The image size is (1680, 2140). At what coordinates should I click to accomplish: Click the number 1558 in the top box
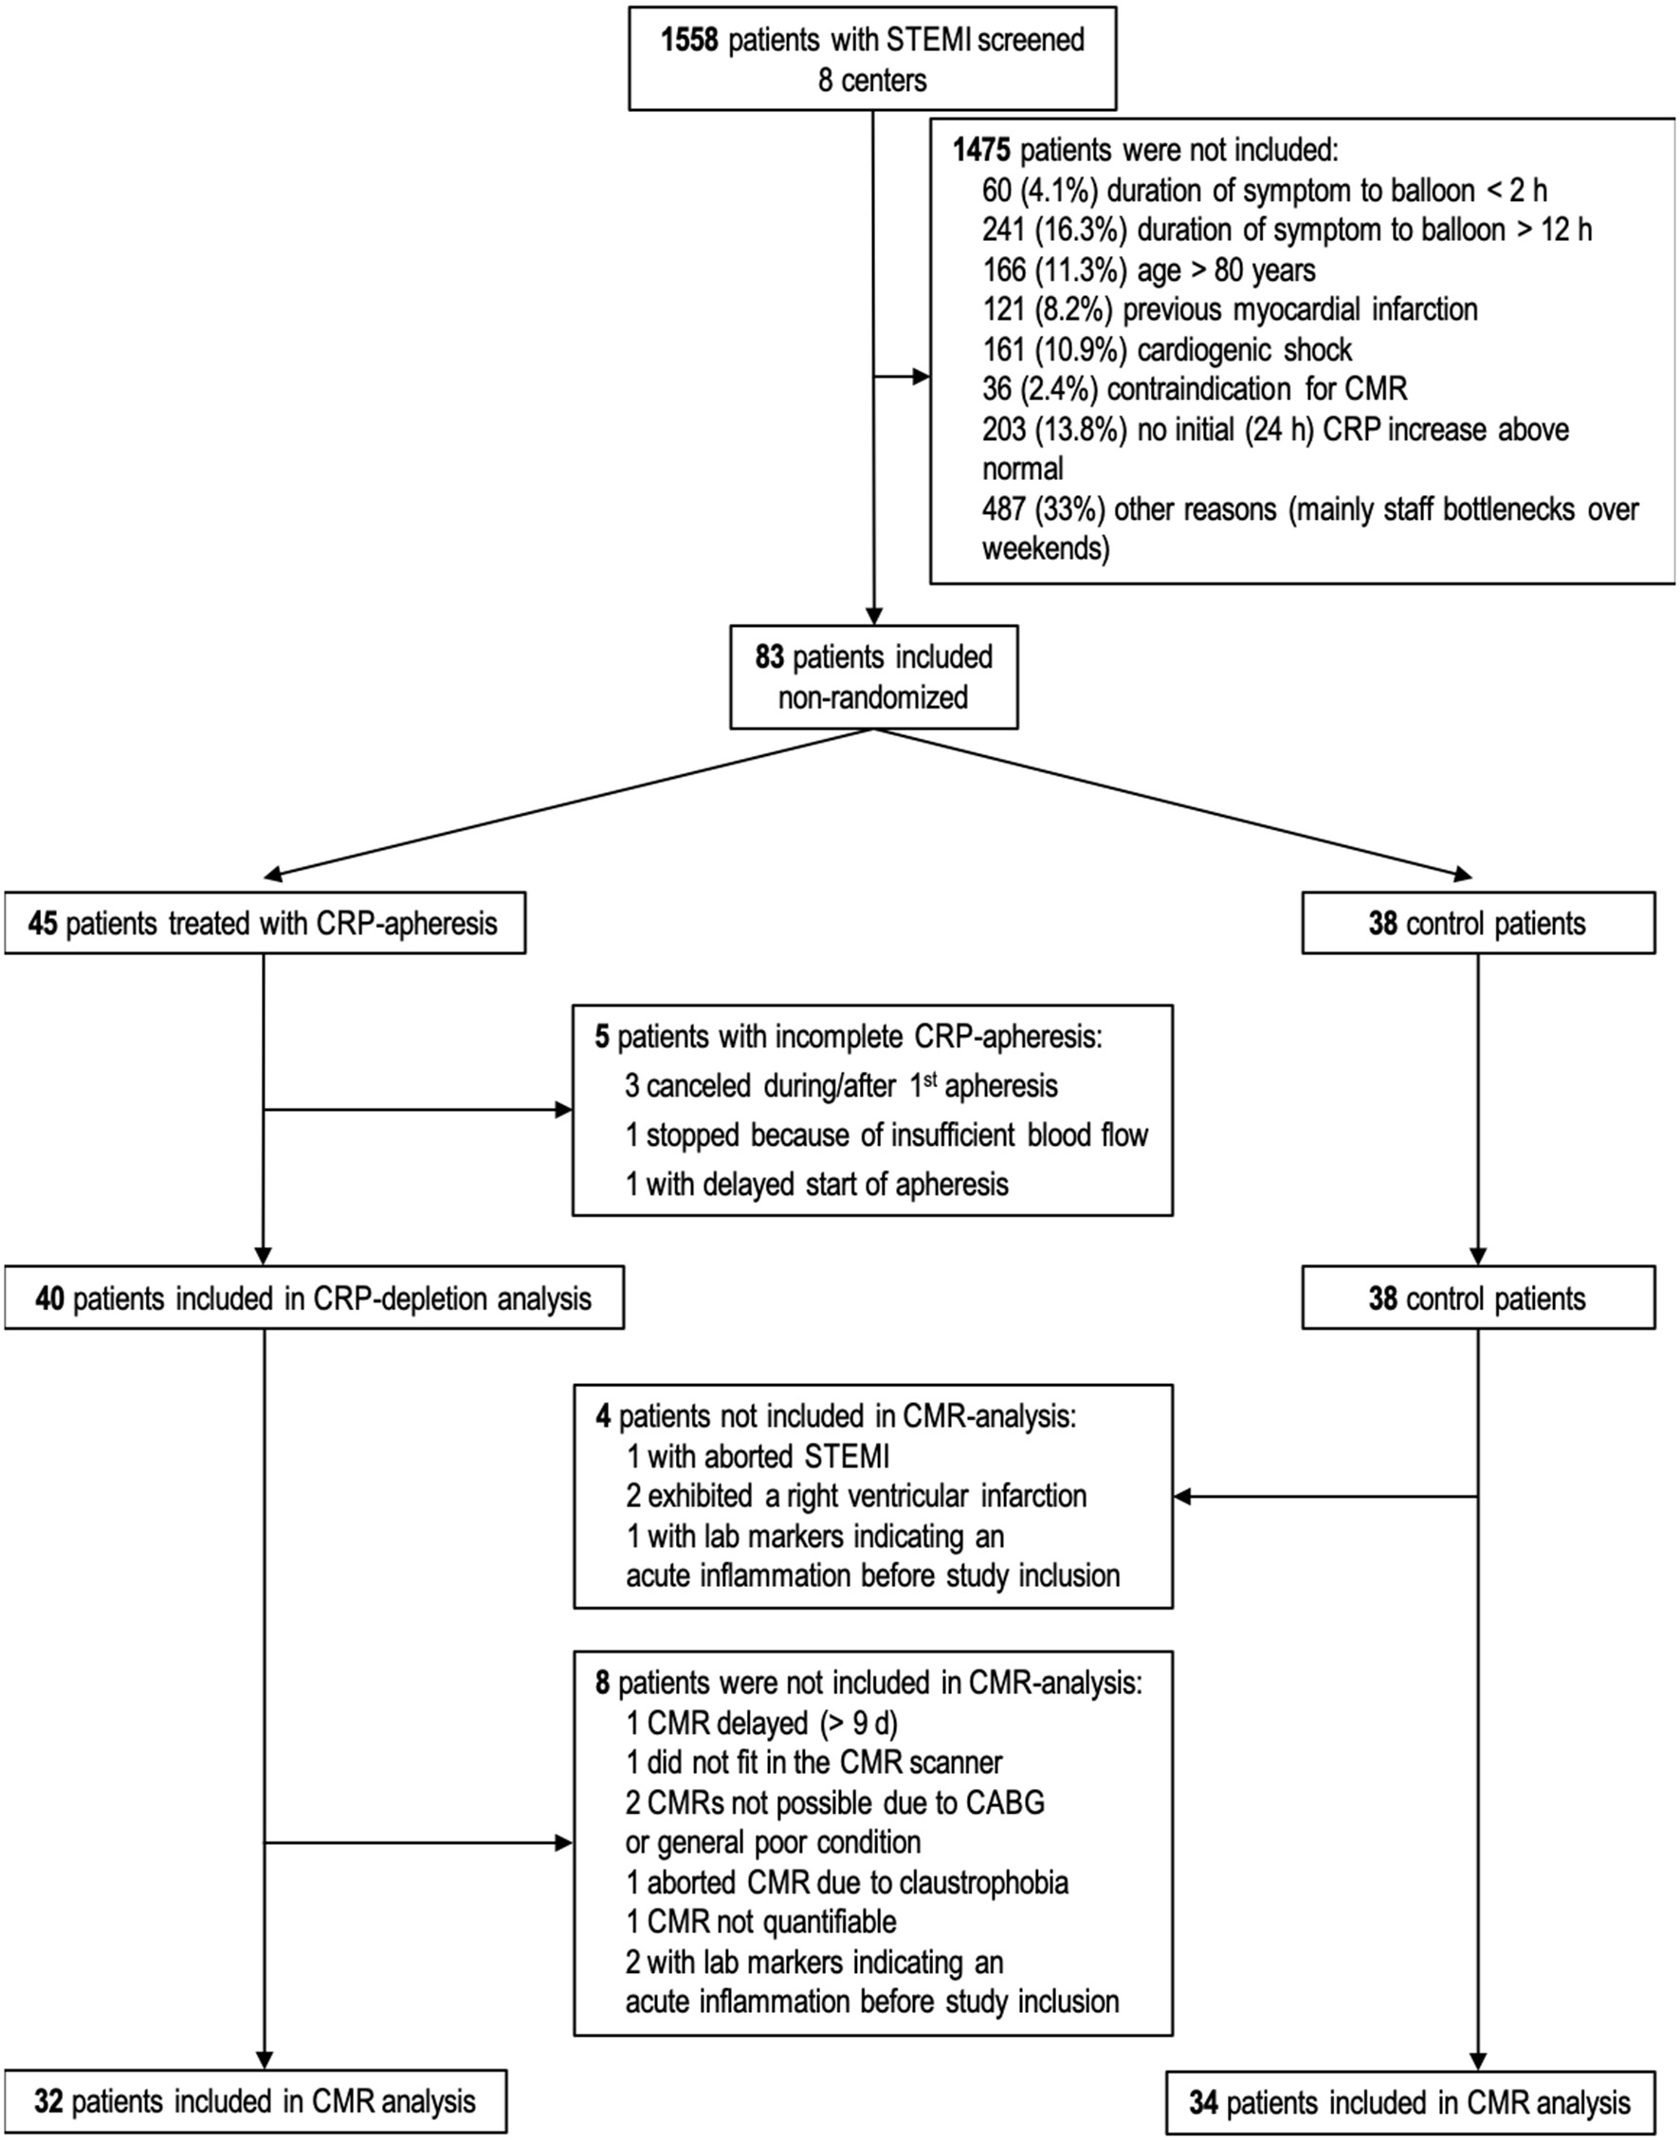(689, 41)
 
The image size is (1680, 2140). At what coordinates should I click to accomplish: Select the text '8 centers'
(871, 81)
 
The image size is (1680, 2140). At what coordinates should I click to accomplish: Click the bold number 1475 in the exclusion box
(980, 151)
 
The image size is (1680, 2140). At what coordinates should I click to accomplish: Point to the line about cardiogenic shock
(1166, 350)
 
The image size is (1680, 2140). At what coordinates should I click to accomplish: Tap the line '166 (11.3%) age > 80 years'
(1148, 270)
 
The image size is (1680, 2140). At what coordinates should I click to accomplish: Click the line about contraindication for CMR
(1194, 390)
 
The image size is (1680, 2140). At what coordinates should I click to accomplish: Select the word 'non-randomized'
(872, 697)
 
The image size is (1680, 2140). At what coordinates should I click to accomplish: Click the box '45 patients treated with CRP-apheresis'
(264, 924)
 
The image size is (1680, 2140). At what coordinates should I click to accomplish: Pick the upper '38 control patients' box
(1477, 924)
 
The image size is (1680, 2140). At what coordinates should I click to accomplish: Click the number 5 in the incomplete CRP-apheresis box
(602, 1038)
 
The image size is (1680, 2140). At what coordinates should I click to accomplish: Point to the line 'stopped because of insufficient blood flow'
(886, 1135)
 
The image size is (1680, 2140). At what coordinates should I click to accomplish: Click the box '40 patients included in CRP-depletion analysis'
(313, 1299)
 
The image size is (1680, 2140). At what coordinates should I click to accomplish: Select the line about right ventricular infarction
(856, 1497)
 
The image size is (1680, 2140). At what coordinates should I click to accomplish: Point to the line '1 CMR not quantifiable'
(761, 1923)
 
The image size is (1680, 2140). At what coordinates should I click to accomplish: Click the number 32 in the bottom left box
(49, 2102)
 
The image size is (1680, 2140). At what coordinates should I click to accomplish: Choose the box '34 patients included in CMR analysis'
(1410, 2103)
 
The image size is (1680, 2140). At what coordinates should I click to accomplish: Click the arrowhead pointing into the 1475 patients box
(921, 377)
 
